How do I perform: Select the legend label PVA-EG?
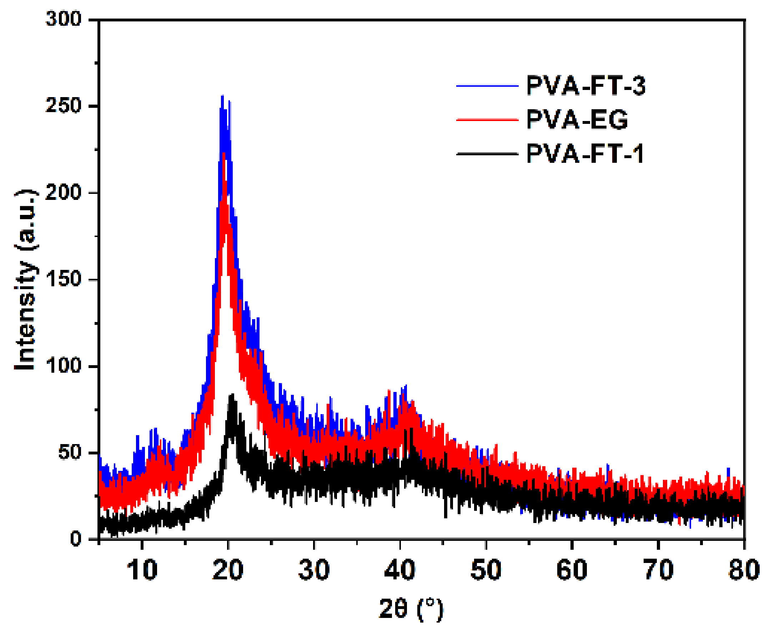577,120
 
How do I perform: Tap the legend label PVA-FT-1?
584,154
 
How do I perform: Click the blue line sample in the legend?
487,86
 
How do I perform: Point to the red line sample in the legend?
487,120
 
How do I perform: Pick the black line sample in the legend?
487,154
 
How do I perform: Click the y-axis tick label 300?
63,19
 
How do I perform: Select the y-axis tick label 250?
63,106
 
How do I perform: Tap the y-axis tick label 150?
63,279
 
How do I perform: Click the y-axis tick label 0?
76,538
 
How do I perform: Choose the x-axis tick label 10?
142,570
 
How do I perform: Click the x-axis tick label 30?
314,570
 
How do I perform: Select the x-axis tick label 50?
486,570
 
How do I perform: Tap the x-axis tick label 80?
744,570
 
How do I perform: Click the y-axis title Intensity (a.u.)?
26,280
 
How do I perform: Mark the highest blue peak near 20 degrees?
222,96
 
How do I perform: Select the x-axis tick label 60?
572,570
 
